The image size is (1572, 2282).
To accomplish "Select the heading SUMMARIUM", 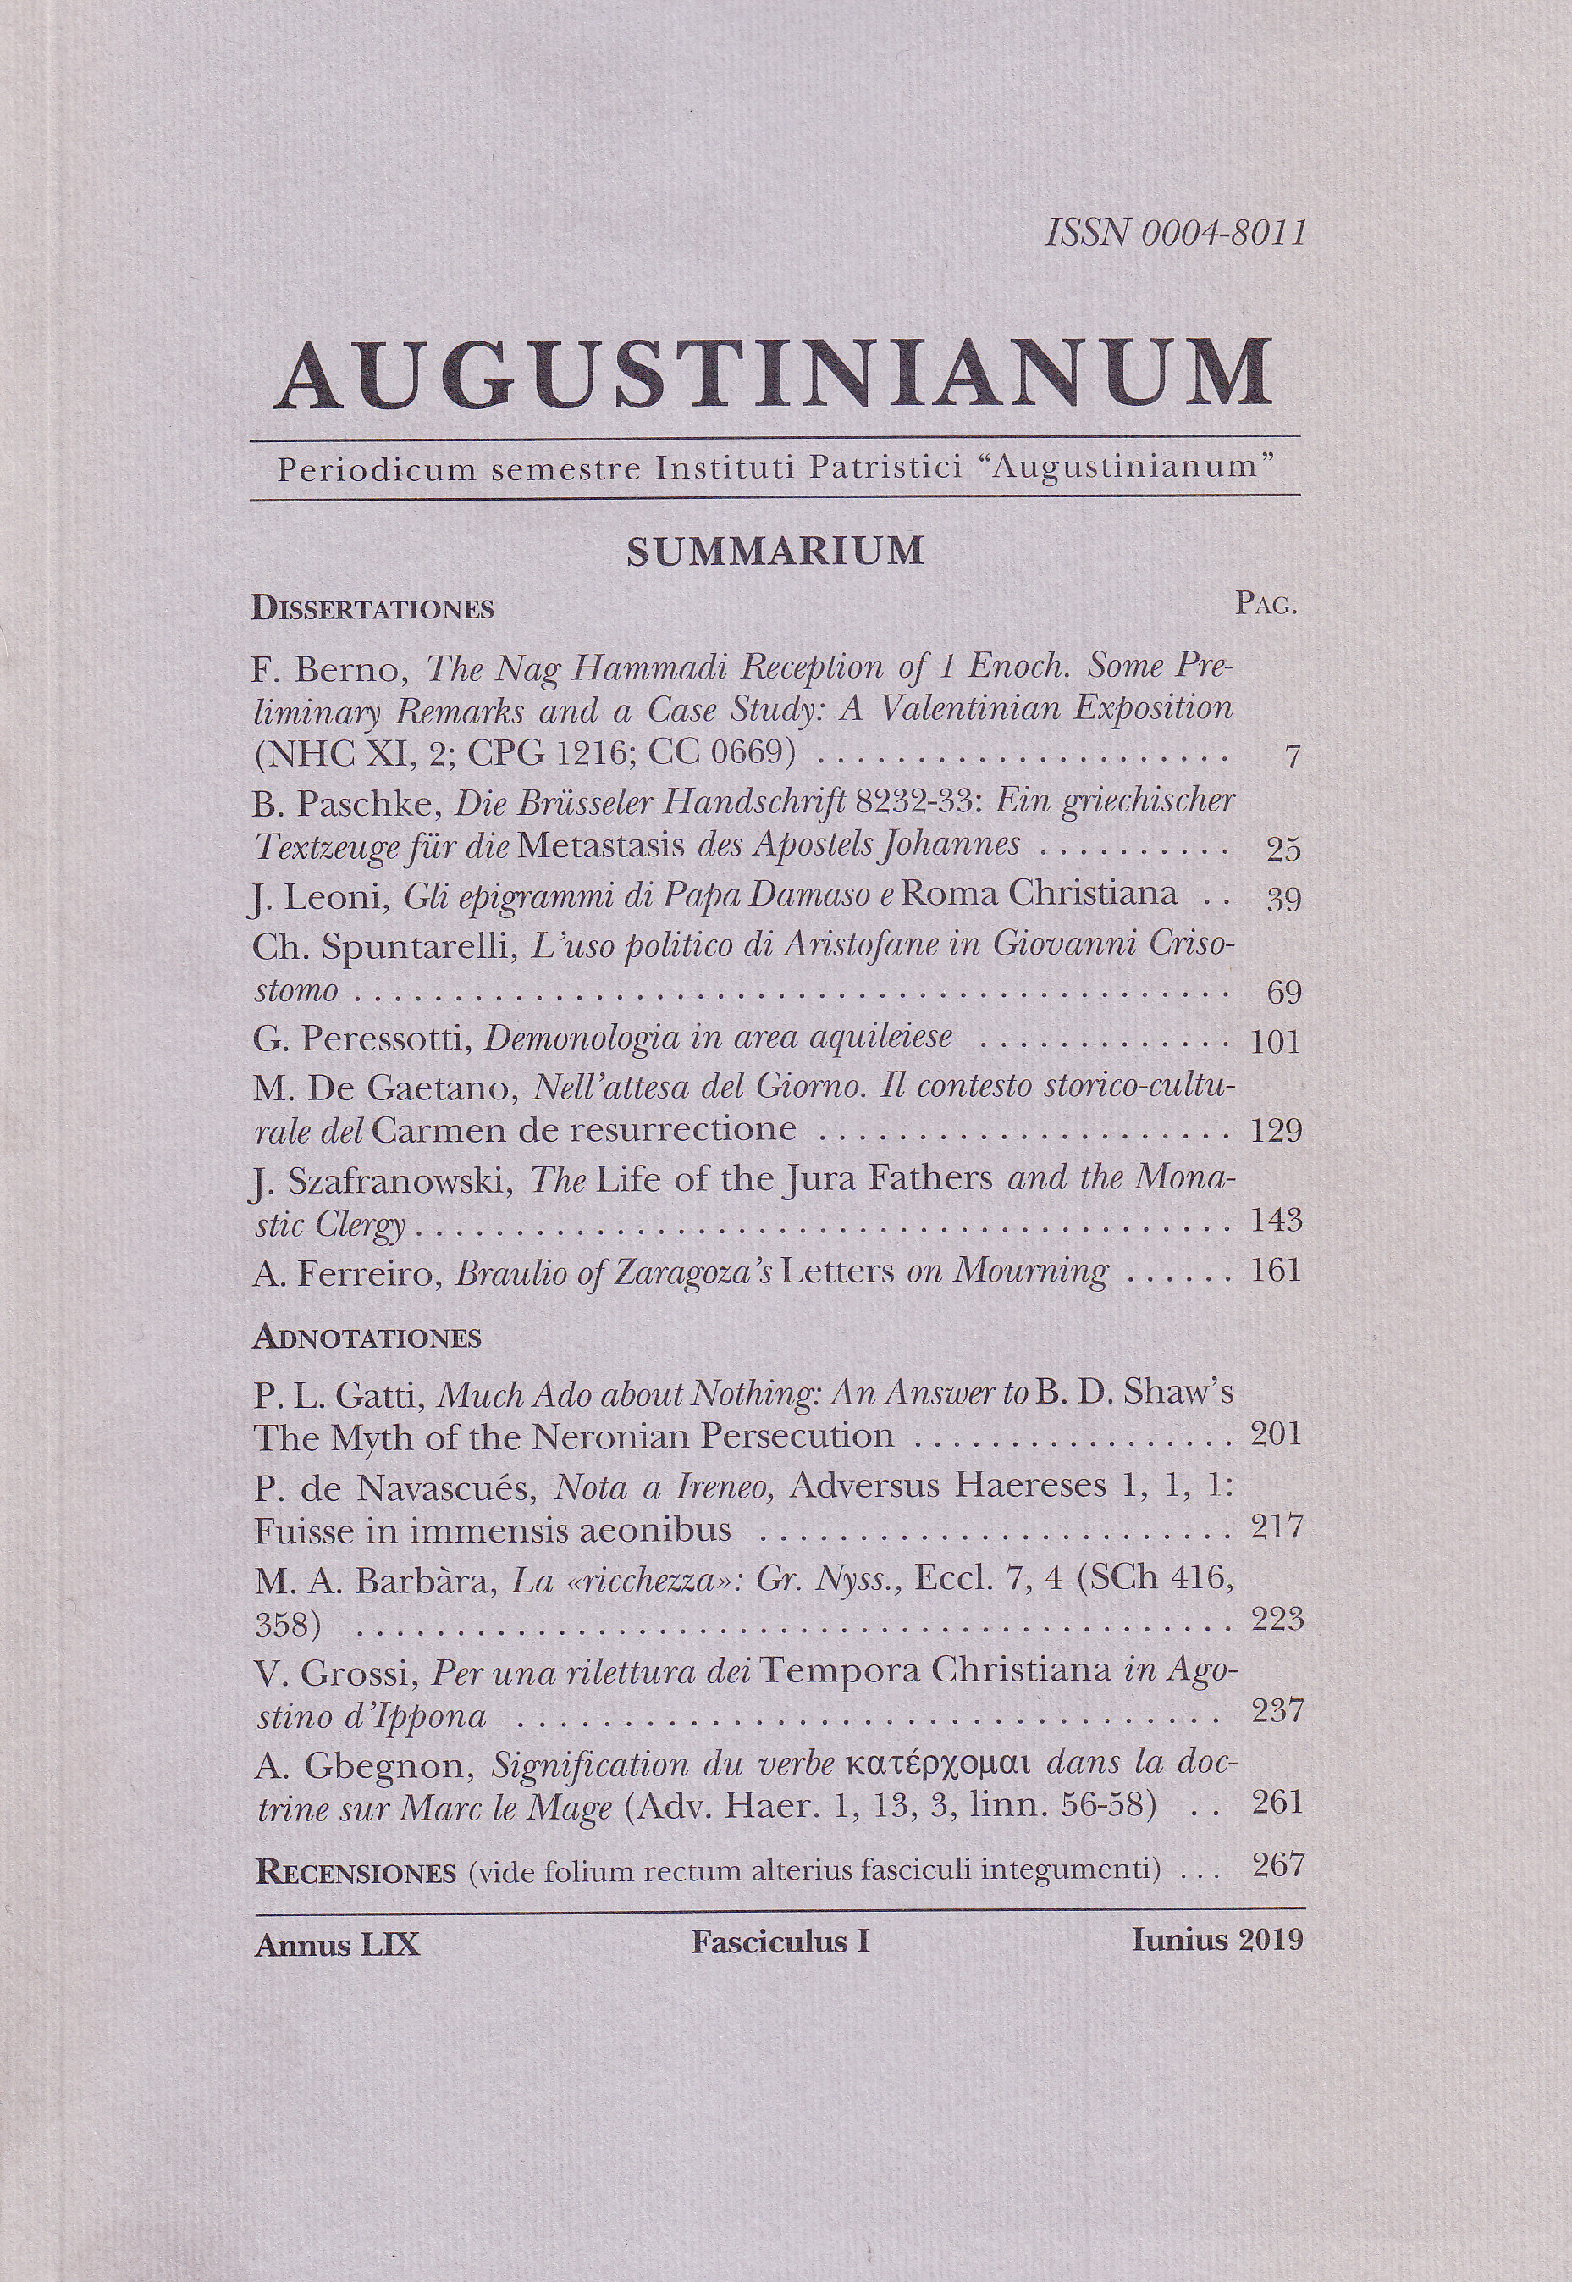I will (775, 551).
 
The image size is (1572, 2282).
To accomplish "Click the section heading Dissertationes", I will (372, 608).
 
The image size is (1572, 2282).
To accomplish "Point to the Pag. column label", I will (1266, 604).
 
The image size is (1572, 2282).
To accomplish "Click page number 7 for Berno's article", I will (1293, 756).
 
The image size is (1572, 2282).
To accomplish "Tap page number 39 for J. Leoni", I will (1283, 899).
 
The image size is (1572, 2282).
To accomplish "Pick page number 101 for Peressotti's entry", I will (1276, 1042).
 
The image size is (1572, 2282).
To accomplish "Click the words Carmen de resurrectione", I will (585, 1129).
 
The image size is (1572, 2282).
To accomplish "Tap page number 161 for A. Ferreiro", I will (1276, 1270).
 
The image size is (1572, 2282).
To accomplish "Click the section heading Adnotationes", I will (367, 1337).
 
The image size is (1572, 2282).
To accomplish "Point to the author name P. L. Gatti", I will (339, 1394).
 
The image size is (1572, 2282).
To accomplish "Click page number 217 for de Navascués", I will (1277, 1528).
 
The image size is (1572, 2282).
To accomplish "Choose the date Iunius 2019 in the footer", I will (1217, 1940).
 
